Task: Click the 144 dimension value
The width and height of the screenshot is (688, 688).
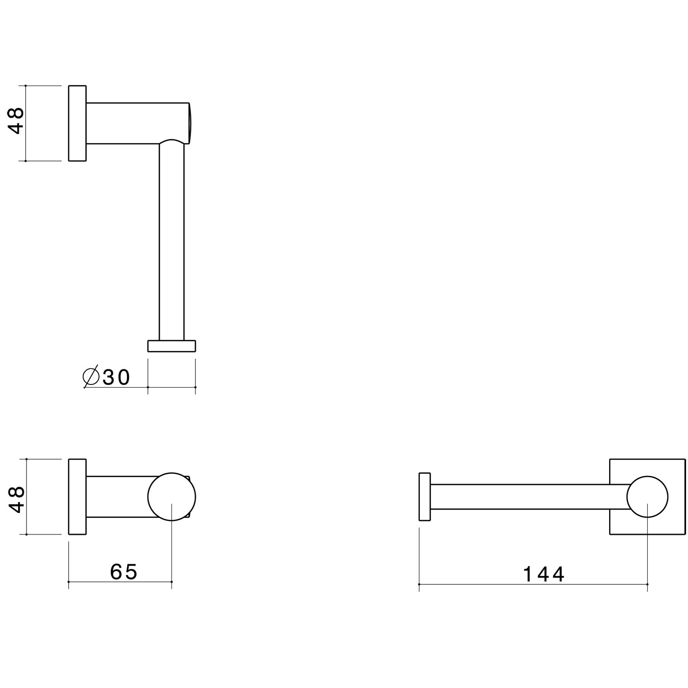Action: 544,575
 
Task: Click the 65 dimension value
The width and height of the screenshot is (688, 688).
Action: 124,572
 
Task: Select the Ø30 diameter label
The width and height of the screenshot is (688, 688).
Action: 106,377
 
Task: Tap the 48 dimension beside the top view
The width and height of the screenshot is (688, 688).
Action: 16,121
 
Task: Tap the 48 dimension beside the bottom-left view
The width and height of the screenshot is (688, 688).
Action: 16,500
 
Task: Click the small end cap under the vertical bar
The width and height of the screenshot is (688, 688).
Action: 172,346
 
